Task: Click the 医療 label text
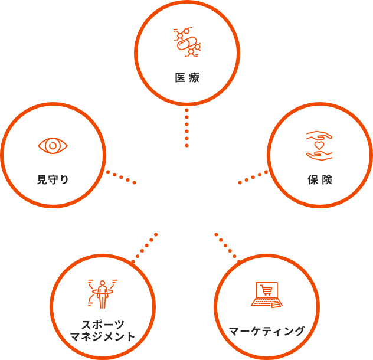click(187, 78)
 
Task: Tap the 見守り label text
click(53, 180)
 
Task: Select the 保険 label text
click(320, 180)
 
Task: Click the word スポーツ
click(103, 325)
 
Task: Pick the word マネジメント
click(103, 337)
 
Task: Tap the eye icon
click(53, 145)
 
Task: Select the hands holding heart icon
click(319, 145)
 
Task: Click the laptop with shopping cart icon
click(267, 294)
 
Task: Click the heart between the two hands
click(319, 145)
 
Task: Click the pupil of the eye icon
click(53, 145)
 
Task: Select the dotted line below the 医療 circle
click(187, 127)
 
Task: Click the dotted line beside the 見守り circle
click(121, 177)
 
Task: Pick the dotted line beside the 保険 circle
click(253, 177)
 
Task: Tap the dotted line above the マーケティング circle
click(227, 247)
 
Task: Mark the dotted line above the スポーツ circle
click(145, 247)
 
